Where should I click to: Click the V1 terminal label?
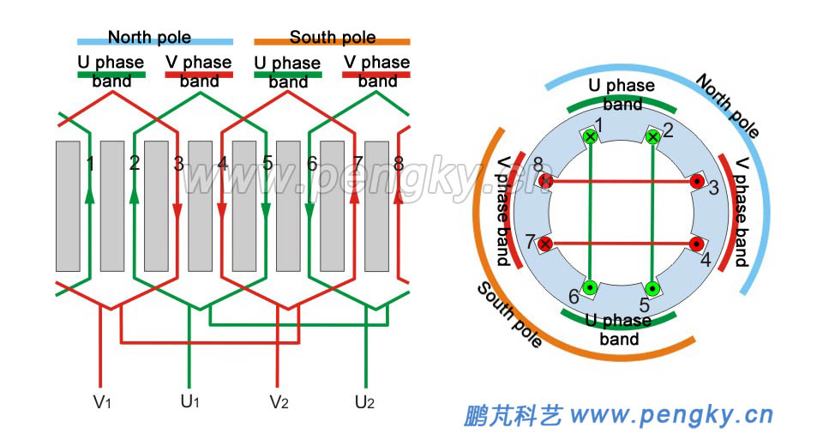(x=103, y=401)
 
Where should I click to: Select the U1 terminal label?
(x=189, y=401)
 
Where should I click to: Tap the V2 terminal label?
(x=279, y=401)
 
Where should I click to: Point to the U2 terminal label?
(x=366, y=401)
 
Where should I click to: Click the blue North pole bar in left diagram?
(x=154, y=41)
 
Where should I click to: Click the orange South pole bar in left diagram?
(x=332, y=41)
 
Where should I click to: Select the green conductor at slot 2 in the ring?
(x=653, y=137)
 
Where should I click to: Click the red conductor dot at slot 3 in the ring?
(x=697, y=182)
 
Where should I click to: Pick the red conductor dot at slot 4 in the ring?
(x=697, y=244)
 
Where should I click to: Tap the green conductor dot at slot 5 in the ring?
(x=652, y=287)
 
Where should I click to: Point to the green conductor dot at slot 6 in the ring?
(x=590, y=287)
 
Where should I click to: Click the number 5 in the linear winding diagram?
(x=267, y=163)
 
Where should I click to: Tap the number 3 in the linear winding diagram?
(x=178, y=163)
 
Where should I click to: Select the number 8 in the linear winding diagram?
(x=399, y=163)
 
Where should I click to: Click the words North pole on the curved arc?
(x=728, y=105)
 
